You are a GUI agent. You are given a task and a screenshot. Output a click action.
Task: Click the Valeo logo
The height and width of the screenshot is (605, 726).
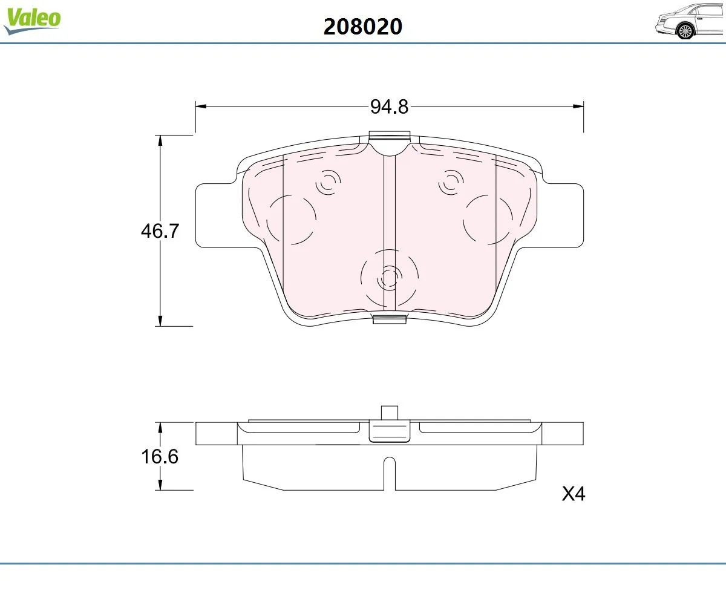click(x=32, y=21)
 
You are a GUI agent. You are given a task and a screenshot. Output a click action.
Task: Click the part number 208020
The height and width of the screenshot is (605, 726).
click(x=362, y=27)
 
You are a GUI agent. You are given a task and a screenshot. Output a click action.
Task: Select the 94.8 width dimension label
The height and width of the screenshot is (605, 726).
click(x=389, y=106)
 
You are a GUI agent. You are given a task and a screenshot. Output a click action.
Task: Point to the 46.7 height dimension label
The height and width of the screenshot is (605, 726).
click(x=160, y=231)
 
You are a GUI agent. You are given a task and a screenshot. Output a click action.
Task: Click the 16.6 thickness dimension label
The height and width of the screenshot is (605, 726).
click(x=160, y=457)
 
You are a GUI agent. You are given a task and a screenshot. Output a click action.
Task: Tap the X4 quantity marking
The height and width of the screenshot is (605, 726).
click(x=574, y=494)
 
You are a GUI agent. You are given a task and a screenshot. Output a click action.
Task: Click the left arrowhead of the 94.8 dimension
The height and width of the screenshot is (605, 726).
click(x=201, y=106)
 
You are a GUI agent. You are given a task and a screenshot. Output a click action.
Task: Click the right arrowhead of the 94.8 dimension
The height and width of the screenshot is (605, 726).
click(x=578, y=106)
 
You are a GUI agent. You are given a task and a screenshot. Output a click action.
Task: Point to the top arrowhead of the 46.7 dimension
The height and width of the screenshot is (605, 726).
click(x=160, y=140)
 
